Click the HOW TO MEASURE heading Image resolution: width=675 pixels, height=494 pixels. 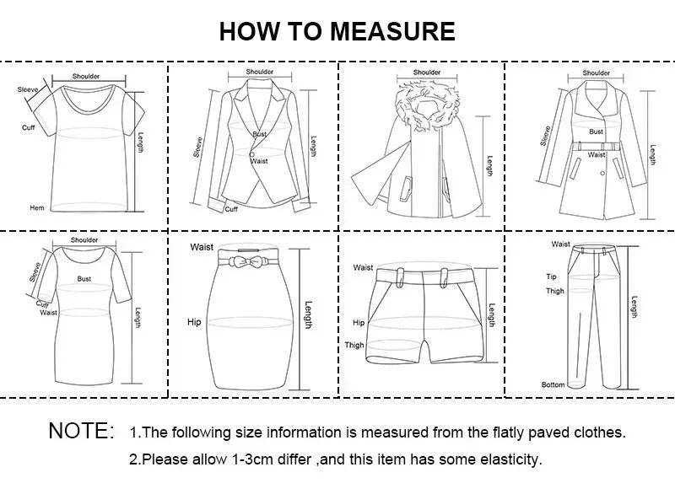pos(337,31)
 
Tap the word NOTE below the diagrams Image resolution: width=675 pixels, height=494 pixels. pos(81,432)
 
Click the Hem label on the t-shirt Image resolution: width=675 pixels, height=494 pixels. pos(37,207)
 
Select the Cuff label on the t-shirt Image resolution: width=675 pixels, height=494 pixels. pos(28,127)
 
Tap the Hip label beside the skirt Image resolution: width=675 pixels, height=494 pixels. pos(194,322)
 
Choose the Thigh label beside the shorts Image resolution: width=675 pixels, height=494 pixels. pos(354,345)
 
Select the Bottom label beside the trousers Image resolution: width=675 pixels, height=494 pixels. pos(553,385)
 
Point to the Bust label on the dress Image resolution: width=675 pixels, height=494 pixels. pos(84,277)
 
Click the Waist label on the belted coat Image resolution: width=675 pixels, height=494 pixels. pos(597,155)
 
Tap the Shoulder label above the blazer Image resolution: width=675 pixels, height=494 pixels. pos(260,72)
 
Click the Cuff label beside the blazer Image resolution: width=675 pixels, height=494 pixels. pos(231,209)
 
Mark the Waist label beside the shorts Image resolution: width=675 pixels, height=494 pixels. pos(363,268)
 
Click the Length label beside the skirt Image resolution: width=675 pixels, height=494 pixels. pos(309,314)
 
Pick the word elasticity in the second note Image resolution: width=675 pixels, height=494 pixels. pos(512,460)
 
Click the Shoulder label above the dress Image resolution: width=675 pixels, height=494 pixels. pos(84,239)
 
